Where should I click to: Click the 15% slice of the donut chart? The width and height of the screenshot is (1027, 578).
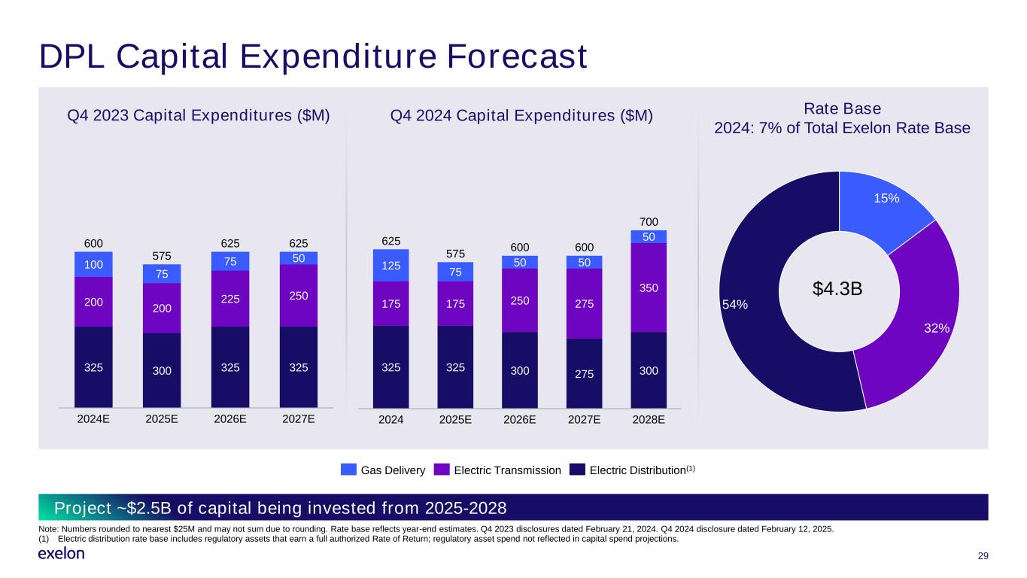tap(885, 205)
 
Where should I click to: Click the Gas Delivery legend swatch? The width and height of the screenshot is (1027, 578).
tap(348, 470)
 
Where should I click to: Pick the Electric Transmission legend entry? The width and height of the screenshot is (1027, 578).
tap(497, 470)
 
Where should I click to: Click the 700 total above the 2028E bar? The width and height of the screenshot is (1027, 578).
tap(649, 222)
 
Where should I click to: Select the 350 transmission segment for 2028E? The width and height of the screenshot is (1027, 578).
tap(649, 287)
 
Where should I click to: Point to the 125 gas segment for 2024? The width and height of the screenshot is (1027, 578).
tap(390, 266)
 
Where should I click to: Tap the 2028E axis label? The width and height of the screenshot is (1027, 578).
tap(649, 420)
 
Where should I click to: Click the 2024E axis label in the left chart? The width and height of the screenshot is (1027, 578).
tap(93, 420)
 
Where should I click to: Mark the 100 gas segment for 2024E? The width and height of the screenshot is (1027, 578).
tap(93, 265)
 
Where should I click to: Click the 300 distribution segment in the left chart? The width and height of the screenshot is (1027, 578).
tap(161, 370)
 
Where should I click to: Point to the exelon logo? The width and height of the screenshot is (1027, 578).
tap(61, 555)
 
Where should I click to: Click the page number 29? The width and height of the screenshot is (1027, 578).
tap(982, 555)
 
